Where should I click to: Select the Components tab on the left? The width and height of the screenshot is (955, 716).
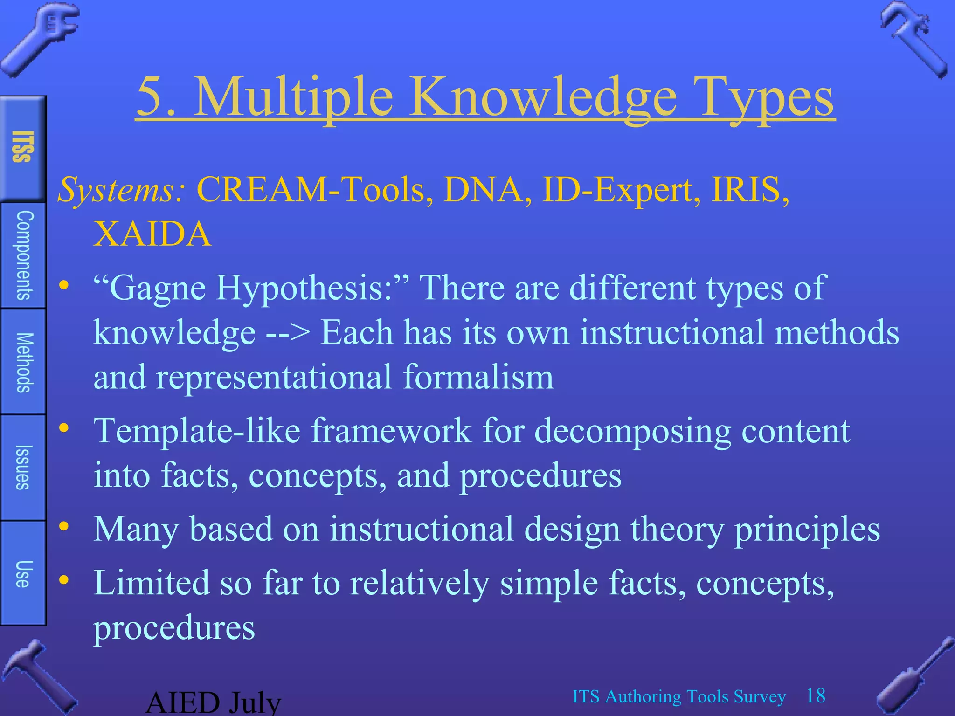pyautogui.click(x=23, y=255)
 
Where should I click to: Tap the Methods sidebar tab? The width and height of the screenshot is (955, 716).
pyautogui.click(x=23, y=362)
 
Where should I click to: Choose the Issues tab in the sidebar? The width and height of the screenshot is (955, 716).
pyautogui.click(x=23, y=467)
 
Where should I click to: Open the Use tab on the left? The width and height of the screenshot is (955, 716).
pyautogui.click(x=23, y=573)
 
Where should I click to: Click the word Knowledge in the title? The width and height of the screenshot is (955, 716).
pyautogui.click(x=543, y=98)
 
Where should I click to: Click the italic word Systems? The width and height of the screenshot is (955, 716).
pyautogui.click(x=121, y=190)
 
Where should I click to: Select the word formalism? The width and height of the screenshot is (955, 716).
pyautogui.click(x=478, y=377)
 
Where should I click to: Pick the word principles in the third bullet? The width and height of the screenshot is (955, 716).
pyautogui.click(x=807, y=530)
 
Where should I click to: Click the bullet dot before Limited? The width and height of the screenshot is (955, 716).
pyautogui.click(x=64, y=580)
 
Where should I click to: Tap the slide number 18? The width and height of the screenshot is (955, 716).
pyautogui.click(x=816, y=695)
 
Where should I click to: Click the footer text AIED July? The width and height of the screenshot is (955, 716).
pyautogui.click(x=214, y=703)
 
